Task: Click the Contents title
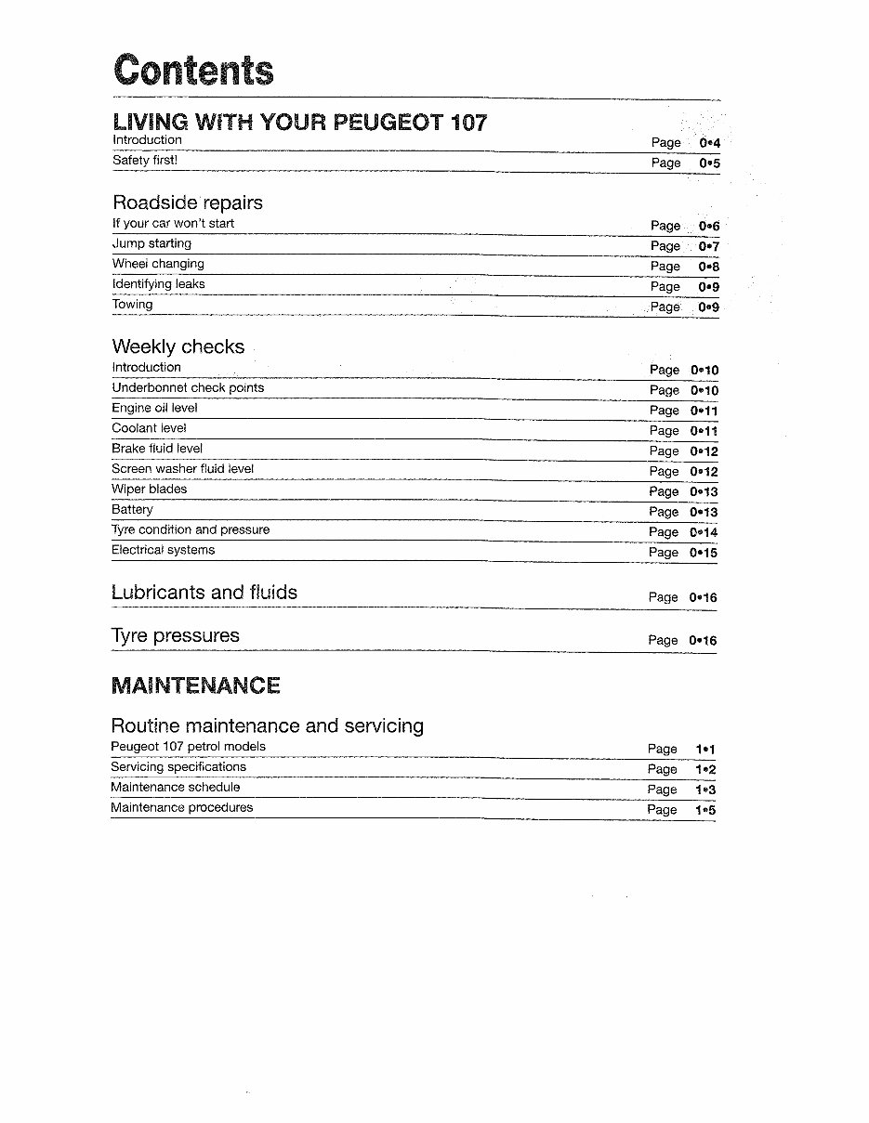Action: [193, 70]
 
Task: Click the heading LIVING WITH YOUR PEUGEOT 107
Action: [299, 122]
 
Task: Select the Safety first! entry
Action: [144, 160]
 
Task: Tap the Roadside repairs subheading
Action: [187, 202]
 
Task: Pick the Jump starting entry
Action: [151, 243]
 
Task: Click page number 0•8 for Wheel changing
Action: [708, 267]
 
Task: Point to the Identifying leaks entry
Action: [158, 284]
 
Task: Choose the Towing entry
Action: [132, 305]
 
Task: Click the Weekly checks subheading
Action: [178, 346]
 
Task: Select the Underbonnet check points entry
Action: [188, 387]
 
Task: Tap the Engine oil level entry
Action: [154, 408]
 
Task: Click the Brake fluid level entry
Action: [157, 449]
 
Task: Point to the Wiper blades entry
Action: [149, 490]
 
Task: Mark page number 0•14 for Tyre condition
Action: [704, 532]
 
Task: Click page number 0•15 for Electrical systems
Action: [704, 553]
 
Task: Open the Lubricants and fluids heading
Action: [204, 593]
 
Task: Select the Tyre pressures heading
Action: [175, 636]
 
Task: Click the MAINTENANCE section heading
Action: [195, 686]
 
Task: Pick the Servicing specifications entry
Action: [178, 767]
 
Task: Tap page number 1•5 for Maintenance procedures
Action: [705, 810]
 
